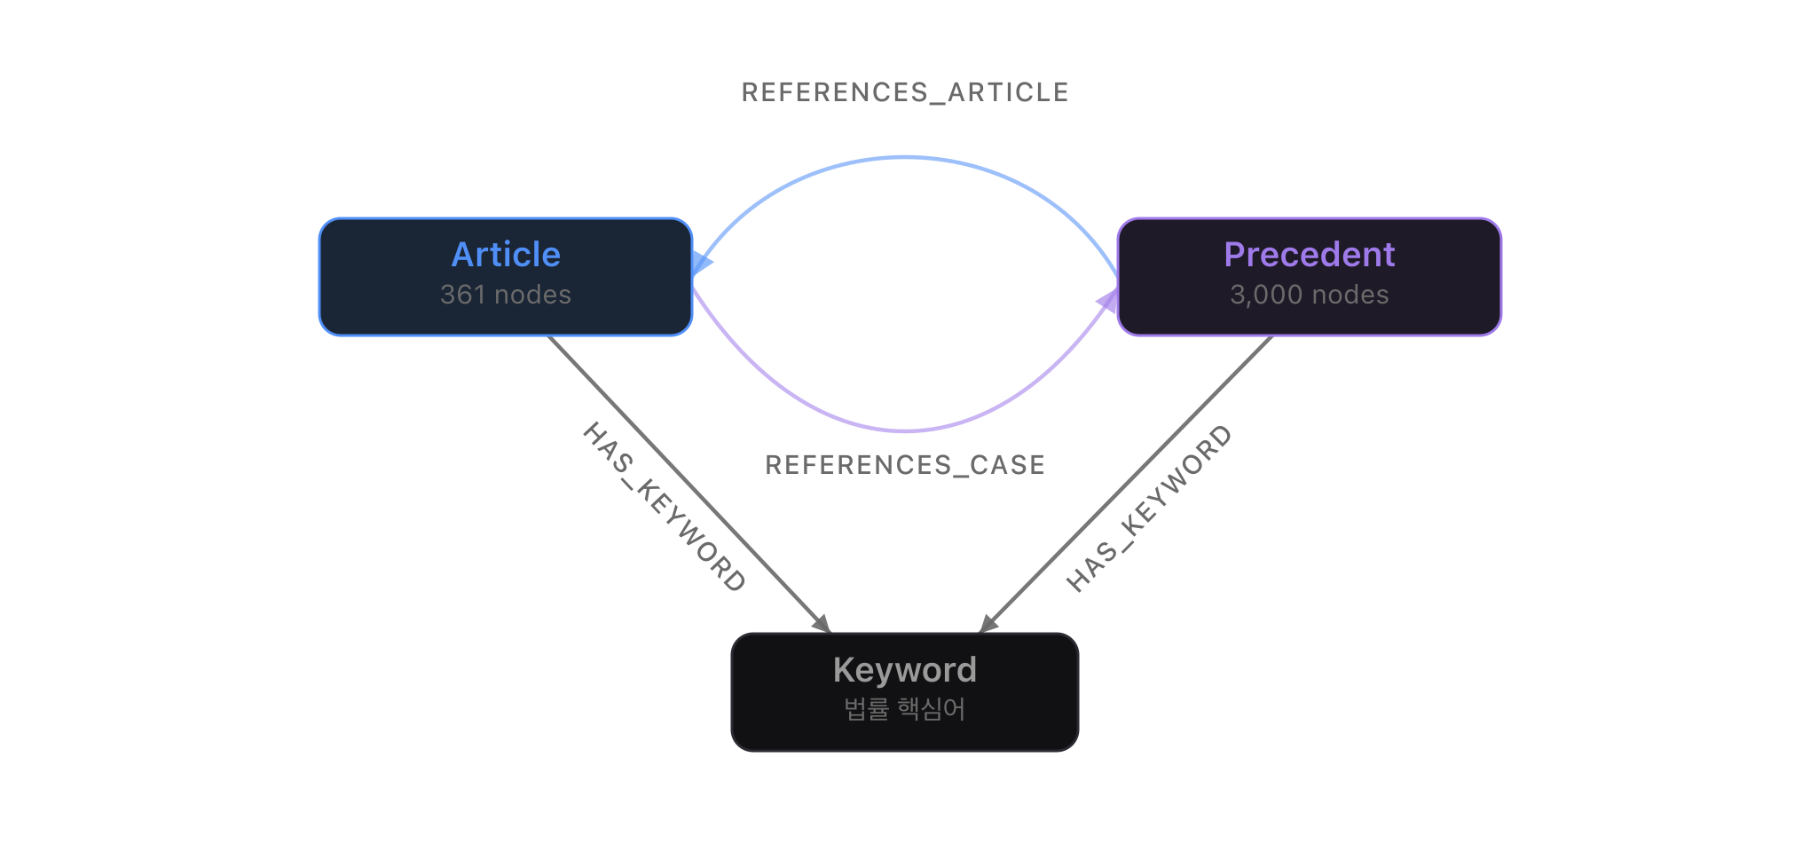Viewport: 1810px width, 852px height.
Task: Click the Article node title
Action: [x=506, y=255]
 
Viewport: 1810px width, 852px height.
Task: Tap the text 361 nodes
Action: [x=506, y=295]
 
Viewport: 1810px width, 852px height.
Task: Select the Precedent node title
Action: [x=1309, y=255]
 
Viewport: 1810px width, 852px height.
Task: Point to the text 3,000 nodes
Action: [x=1309, y=295]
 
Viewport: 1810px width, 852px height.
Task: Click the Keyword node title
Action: [x=904, y=670]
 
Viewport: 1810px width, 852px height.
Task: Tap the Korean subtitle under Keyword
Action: [x=904, y=709]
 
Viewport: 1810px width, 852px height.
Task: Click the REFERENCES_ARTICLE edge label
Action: [x=904, y=92]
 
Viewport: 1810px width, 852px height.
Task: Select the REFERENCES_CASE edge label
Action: [x=904, y=465]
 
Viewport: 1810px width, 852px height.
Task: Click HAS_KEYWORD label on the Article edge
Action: [x=664, y=507]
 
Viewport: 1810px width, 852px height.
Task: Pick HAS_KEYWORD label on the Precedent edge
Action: [x=1149, y=509]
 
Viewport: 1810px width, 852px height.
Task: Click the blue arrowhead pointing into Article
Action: [x=701, y=263]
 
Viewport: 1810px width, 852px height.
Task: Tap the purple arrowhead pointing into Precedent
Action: [x=1108, y=302]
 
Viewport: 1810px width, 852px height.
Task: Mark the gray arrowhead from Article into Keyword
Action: [x=822, y=623]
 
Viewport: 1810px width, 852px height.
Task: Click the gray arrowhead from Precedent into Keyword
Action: [x=988, y=623]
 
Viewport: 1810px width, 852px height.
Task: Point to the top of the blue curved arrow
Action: [x=904, y=158]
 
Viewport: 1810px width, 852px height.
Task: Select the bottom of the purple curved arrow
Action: [x=904, y=431]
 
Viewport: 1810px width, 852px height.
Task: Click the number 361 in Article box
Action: [x=462, y=295]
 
